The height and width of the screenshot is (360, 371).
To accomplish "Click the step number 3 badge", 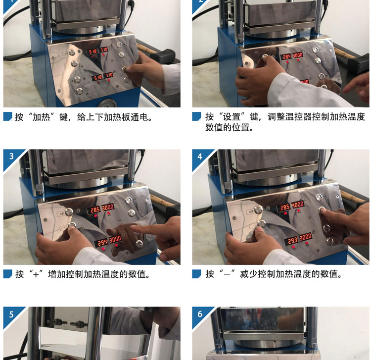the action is (x=11, y=156).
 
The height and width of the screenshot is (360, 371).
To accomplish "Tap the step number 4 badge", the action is (x=200, y=156).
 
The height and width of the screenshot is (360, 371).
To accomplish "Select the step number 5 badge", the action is (x=11, y=314).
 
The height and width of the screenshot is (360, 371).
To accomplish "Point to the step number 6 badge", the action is (x=200, y=314).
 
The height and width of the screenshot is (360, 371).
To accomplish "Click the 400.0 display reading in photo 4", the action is (x=298, y=205).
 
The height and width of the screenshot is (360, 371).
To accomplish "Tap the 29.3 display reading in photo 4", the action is (x=292, y=241).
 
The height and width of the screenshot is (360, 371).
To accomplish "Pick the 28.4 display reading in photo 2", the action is (x=286, y=57).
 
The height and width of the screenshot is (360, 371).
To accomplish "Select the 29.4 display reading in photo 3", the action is (x=102, y=242).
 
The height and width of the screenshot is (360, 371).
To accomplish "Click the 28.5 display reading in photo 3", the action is (x=95, y=210).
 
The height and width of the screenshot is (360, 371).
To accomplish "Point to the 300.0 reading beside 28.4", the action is (x=298, y=55).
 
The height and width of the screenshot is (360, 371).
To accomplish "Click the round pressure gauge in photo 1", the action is (x=108, y=103).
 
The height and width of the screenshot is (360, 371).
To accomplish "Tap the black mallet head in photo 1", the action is (x=163, y=55).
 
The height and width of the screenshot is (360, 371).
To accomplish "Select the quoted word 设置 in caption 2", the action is (x=232, y=117).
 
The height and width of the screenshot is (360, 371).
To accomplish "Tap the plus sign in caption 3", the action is (x=36, y=275).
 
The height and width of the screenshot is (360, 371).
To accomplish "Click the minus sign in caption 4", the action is (x=227, y=275).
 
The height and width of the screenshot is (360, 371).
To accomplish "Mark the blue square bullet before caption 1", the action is (x=7, y=116).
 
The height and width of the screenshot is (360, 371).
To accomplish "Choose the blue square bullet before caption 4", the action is (x=196, y=274).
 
